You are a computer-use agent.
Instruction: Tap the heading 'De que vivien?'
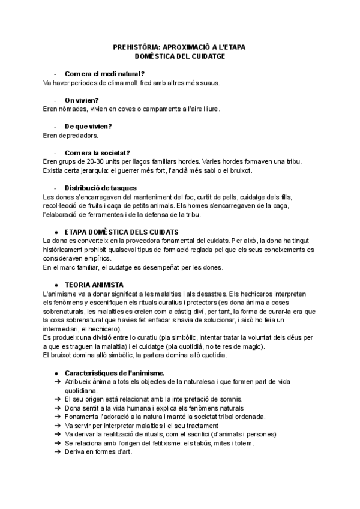click(x=88, y=126)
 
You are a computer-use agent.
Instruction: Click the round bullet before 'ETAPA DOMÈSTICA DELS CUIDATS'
click(x=56, y=232)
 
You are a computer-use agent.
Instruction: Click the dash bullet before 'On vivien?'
click(x=55, y=100)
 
